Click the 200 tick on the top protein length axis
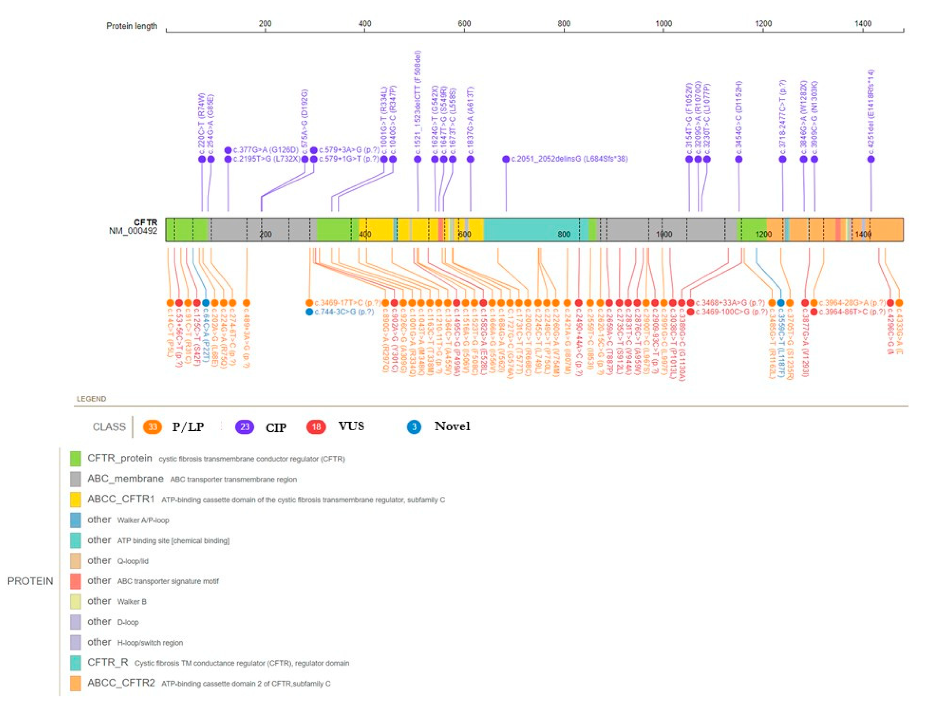[x=265, y=24]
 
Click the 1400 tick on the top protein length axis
[x=863, y=24]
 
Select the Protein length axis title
[x=131, y=26]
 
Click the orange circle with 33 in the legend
[x=153, y=426]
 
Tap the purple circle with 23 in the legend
[x=245, y=426]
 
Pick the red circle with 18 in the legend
[x=316, y=426]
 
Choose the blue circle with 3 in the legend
[x=414, y=426]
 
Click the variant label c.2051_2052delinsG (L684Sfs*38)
[x=569, y=159]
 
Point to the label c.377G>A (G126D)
[x=265, y=150]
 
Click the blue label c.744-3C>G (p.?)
[x=344, y=312]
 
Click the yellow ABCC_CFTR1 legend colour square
[x=75, y=500]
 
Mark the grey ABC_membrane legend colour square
[x=75, y=479]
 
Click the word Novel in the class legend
[x=452, y=426]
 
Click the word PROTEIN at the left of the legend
[x=30, y=581]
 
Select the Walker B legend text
[x=131, y=602]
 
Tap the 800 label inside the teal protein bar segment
[x=564, y=234]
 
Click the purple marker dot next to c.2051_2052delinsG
[x=505, y=159]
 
